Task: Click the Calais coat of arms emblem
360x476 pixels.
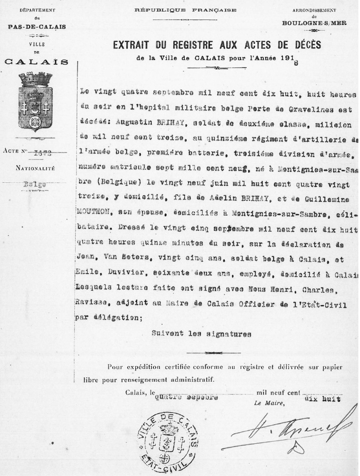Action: [x=35, y=101]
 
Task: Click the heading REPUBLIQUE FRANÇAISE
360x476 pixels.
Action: [x=186, y=10]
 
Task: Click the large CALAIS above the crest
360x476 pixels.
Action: [x=36, y=61]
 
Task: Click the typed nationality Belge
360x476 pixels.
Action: [x=34, y=184]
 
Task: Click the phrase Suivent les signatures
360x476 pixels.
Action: [x=201, y=334]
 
